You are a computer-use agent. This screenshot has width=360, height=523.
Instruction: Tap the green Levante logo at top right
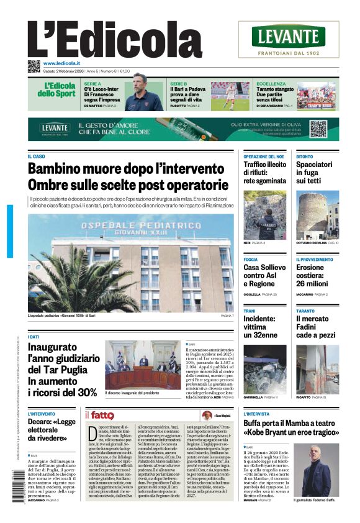(x=288, y=37)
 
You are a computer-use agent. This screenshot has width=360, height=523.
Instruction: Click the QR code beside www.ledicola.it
(x=34, y=65)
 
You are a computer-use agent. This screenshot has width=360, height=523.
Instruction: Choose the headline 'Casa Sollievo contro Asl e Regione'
(x=264, y=275)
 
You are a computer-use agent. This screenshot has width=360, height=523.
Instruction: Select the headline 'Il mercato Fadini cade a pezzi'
(x=314, y=327)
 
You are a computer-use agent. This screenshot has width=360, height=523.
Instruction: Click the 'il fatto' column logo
(x=99, y=415)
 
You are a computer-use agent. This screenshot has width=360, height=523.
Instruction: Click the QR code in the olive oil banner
(x=318, y=129)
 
